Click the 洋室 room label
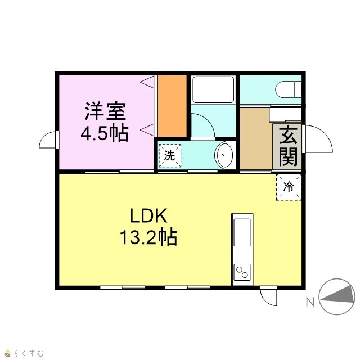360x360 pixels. click(105, 111)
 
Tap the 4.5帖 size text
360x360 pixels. click(105, 133)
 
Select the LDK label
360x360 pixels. click(148, 215)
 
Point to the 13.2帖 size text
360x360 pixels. click(148, 237)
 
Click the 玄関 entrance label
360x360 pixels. click(288, 146)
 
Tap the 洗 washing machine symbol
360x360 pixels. click(170, 156)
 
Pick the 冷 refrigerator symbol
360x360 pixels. click(289, 187)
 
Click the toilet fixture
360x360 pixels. click(289, 89)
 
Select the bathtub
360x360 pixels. click(213, 89)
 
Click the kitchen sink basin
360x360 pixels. click(242, 232)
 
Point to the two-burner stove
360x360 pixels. click(242, 272)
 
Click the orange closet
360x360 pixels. click(172, 106)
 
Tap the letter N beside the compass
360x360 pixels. click(310, 302)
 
